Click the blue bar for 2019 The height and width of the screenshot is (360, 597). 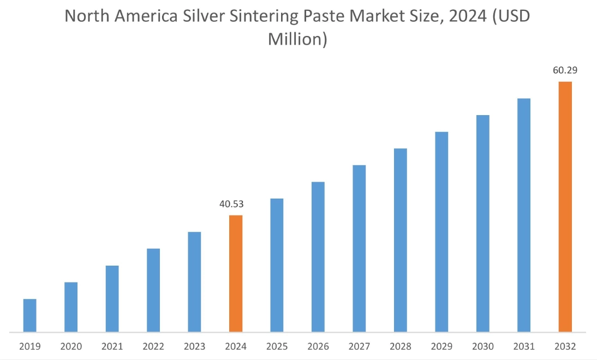point(29,315)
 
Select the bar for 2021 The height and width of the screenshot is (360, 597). point(112,298)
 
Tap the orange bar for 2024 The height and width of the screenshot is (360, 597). point(236,273)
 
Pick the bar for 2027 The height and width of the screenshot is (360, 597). point(359,248)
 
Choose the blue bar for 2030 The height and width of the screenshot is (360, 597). point(483,223)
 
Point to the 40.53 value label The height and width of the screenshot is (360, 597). point(231,204)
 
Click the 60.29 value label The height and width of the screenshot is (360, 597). point(565,70)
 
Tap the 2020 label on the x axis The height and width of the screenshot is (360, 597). point(71,346)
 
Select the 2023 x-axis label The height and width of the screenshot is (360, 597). point(195,346)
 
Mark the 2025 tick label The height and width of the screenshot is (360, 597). point(277,346)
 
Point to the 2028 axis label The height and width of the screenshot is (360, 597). point(401,346)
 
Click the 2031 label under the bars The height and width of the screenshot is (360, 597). point(524,346)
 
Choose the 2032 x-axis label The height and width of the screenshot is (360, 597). point(565,346)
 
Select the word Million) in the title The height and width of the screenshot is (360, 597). point(297,39)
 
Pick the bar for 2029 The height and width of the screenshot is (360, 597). point(441,231)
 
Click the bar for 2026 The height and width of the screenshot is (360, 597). point(318,256)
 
